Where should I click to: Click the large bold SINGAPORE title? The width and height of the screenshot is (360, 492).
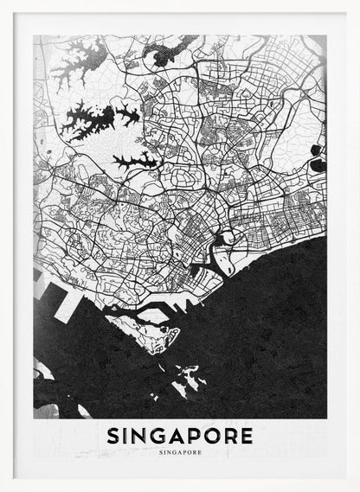180,435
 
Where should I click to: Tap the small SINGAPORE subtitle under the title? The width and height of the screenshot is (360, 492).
180,450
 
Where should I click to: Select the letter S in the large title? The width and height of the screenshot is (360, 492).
114,435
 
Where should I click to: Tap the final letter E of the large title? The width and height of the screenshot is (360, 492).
247,435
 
